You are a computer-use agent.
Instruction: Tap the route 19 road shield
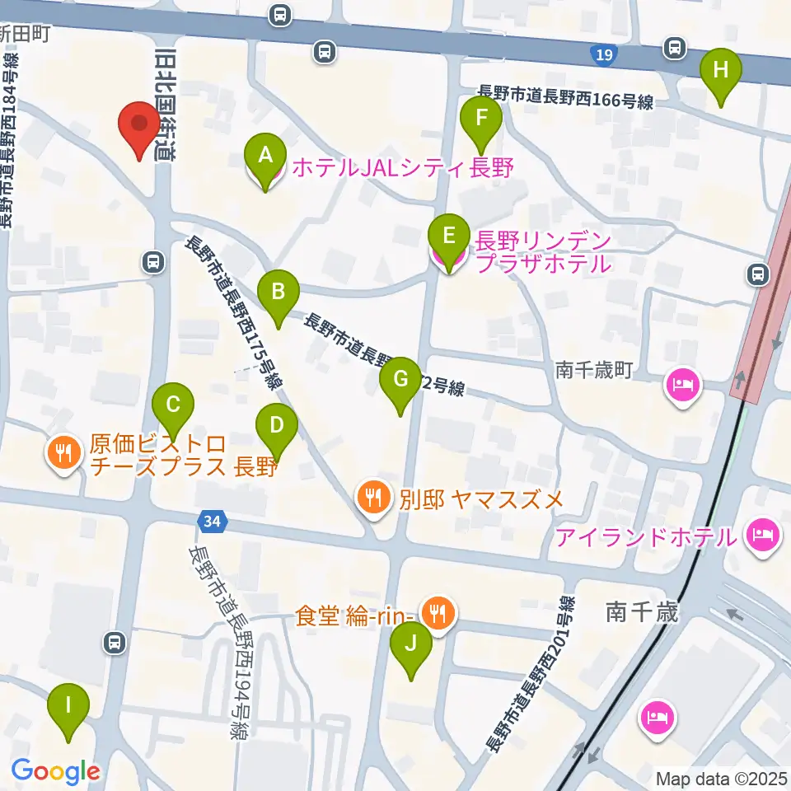pyautogui.click(x=604, y=55)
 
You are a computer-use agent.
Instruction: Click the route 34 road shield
pyautogui.click(x=211, y=521)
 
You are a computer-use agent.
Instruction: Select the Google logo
pyautogui.click(x=55, y=771)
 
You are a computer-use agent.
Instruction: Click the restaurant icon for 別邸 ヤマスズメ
pyautogui.click(x=372, y=498)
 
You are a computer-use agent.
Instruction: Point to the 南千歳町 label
pyautogui.click(x=593, y=371)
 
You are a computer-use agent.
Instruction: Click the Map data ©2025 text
pyautogui.click(x=723, y=778)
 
